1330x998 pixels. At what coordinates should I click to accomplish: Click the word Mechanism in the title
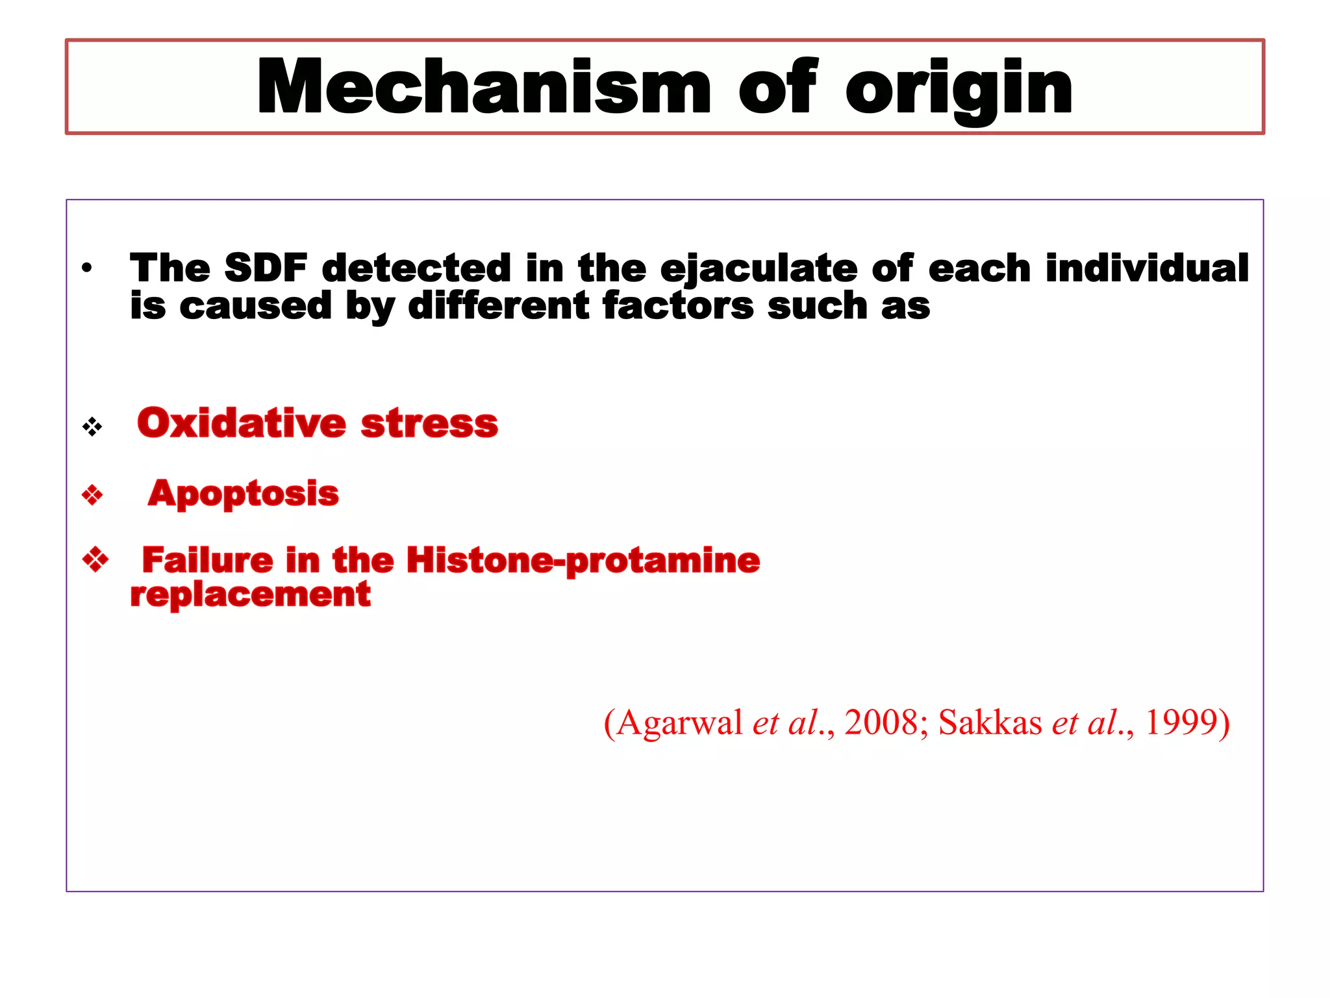coord(484,88)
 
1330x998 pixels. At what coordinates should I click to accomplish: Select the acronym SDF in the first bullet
coord(266,268)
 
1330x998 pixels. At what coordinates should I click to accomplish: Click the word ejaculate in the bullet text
coord(759,269)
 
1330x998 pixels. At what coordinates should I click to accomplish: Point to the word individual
coord(1147,268)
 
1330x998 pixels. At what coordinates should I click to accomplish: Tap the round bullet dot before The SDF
coord(87,268)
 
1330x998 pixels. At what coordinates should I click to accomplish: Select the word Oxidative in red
coord(242,423)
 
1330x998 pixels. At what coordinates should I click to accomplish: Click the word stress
coord(429,424)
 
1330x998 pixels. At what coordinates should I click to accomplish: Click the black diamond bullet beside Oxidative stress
coord(92,427)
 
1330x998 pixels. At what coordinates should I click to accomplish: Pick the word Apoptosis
coord(243,494)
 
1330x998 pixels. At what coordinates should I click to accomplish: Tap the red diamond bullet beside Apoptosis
coord(92,495)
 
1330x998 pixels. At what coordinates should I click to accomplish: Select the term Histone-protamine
coord(583,561)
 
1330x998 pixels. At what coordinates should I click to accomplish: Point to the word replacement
coord(250,595)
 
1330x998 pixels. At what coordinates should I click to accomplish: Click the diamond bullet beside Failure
coord(95,559)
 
